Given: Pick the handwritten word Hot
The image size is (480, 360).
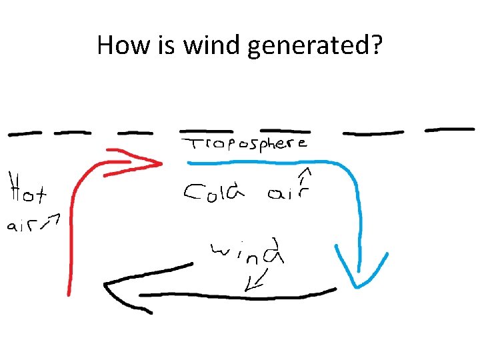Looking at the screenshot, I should (x=27, y=189).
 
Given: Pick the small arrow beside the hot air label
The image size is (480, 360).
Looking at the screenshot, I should (x=51, y=221).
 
